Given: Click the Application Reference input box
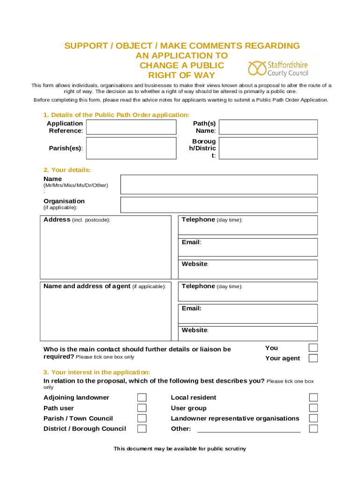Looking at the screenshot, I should tap(131, 127).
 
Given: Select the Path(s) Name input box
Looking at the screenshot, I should tap(268, 127).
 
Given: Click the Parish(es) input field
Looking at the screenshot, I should tap(131, 148).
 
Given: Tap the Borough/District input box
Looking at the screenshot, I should tap(268, 148).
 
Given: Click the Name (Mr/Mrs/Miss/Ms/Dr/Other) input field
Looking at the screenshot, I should tap(219, 184).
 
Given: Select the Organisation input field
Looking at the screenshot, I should tap(219, 205).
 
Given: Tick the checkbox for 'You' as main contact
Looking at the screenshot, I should tap(313, 348).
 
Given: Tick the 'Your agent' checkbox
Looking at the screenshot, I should tap(313, 358).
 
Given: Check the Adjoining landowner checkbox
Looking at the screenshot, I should tap(142, 398).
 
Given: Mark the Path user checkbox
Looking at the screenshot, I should tap(142, 408).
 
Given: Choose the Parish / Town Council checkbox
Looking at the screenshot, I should tap(142, 418).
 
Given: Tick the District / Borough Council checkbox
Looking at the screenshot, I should tap(142, 428).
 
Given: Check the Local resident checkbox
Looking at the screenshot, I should tap(313, 398).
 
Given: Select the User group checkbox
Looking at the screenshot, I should tap(313, 408).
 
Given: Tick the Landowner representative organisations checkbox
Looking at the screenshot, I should tap(313, 418).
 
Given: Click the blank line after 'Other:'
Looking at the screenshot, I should tap(249, 429).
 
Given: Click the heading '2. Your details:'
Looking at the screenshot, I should tap(67, 170).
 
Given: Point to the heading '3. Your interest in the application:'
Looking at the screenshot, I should tap(97, 372).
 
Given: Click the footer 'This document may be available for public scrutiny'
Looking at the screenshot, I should tap(180, 449).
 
